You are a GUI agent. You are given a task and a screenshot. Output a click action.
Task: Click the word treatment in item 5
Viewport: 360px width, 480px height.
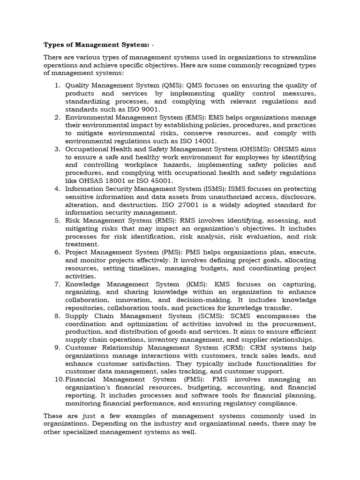[x=82, y=244]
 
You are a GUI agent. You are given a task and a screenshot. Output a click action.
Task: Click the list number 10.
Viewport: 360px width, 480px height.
[x=58, y=379]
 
